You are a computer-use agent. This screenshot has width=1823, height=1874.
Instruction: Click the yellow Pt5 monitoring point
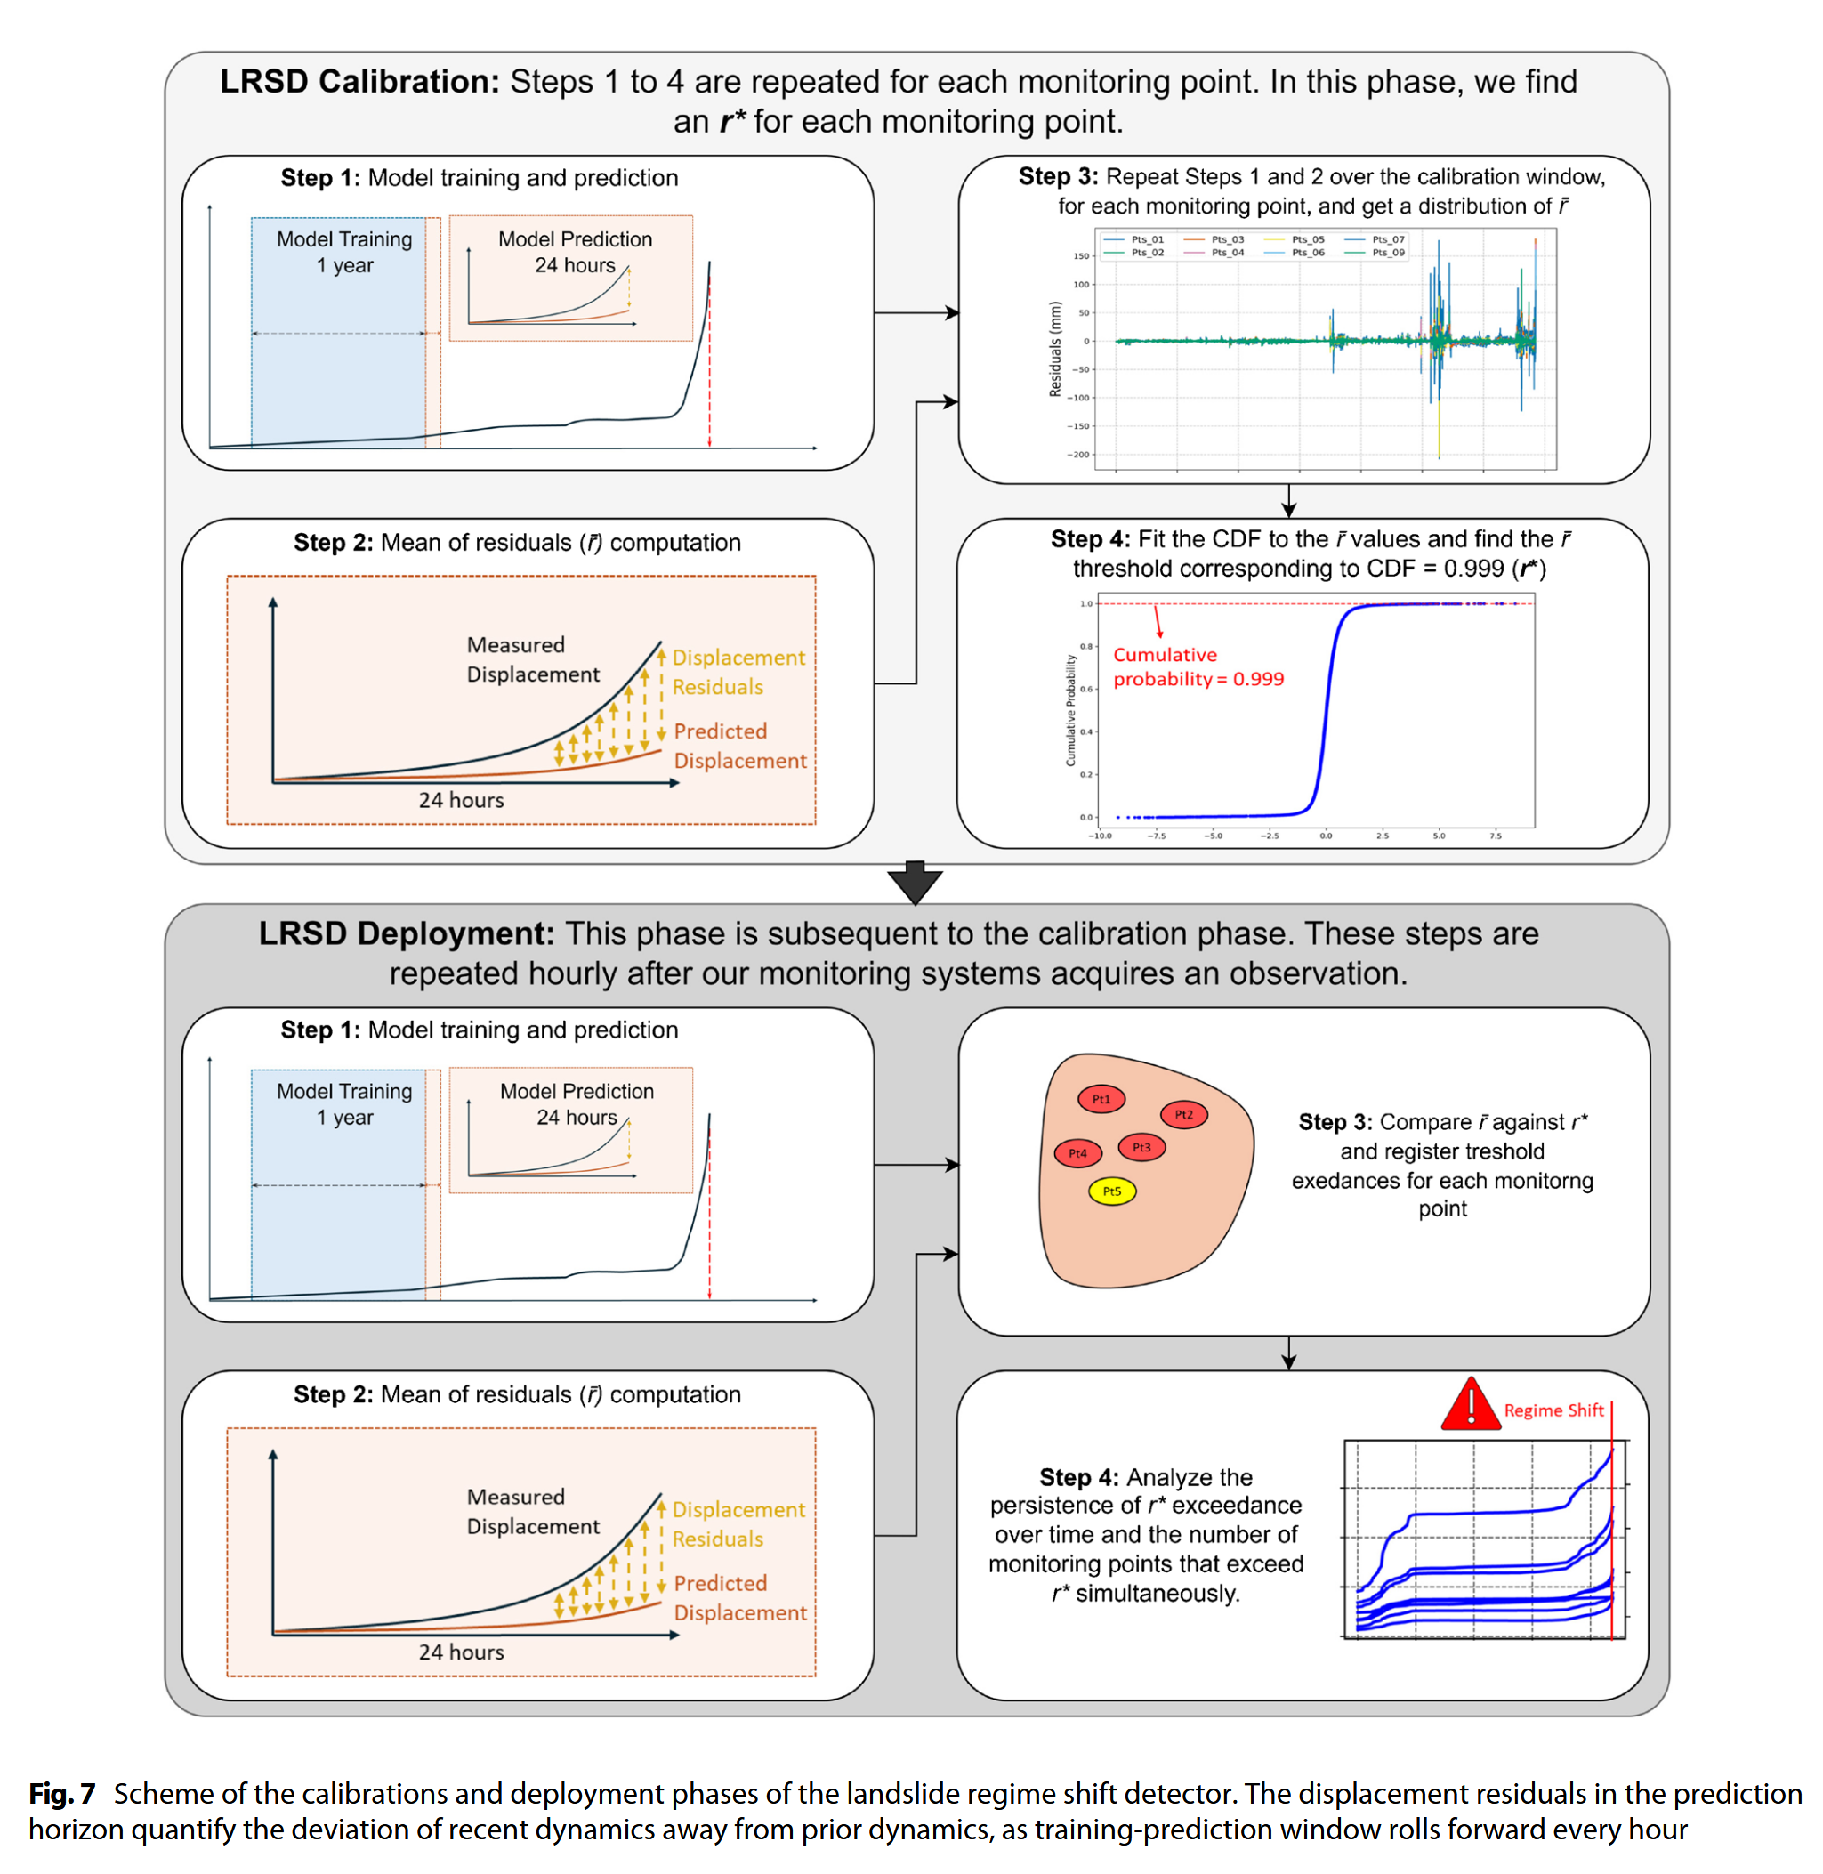pyautogui.click(x=1111, y=1191)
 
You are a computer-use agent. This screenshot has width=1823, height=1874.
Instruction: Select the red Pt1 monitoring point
pyautogui.click(x=1101, y=1099)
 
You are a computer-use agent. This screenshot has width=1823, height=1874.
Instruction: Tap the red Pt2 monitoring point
pyautogui.click(x=1183, y=1115)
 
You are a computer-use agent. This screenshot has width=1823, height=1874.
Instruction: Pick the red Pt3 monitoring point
pyautogui.click(x=1141, y=1147)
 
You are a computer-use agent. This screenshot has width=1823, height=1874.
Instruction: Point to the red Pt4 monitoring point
pyautogui.click(x=1077, y=1154)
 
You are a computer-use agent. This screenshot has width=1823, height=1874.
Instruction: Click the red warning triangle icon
pyautogui.click(x=1470, y=1406)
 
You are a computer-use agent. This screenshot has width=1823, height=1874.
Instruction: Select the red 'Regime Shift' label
pyautogui.click(x=1553, y=1410)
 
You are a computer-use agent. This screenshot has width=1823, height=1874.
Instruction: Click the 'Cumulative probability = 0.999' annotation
pyautogui.click(x=1197, y=666)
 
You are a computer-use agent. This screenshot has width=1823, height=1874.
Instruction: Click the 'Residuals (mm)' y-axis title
pyautogui.click(x=1055, y=349)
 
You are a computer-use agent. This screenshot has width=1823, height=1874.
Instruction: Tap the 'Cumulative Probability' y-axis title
pyautogui.click(x=1070, y=709)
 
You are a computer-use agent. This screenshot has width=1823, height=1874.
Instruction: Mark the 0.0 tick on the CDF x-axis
pyautogui.click(x=1326, y=836)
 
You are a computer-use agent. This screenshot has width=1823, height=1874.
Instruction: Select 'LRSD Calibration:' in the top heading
pyautogui.click(x=359, y=81)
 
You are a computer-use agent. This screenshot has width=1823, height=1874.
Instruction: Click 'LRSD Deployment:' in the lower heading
pyautogui.click(x=406, y=933)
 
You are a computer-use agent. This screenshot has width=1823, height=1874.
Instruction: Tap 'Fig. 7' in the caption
pyautogui.click(x=62, y=1794)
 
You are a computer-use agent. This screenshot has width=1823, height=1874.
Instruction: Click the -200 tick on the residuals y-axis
pyautogui.click(x=1079, y=455)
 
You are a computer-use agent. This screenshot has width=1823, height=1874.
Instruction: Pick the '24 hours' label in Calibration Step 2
pyautogui.click(x=461, y=800)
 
